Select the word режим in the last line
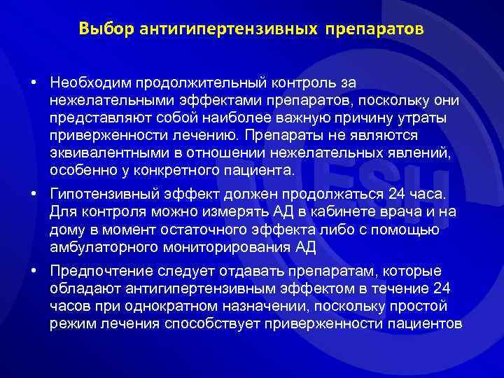[x=70, y=323]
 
